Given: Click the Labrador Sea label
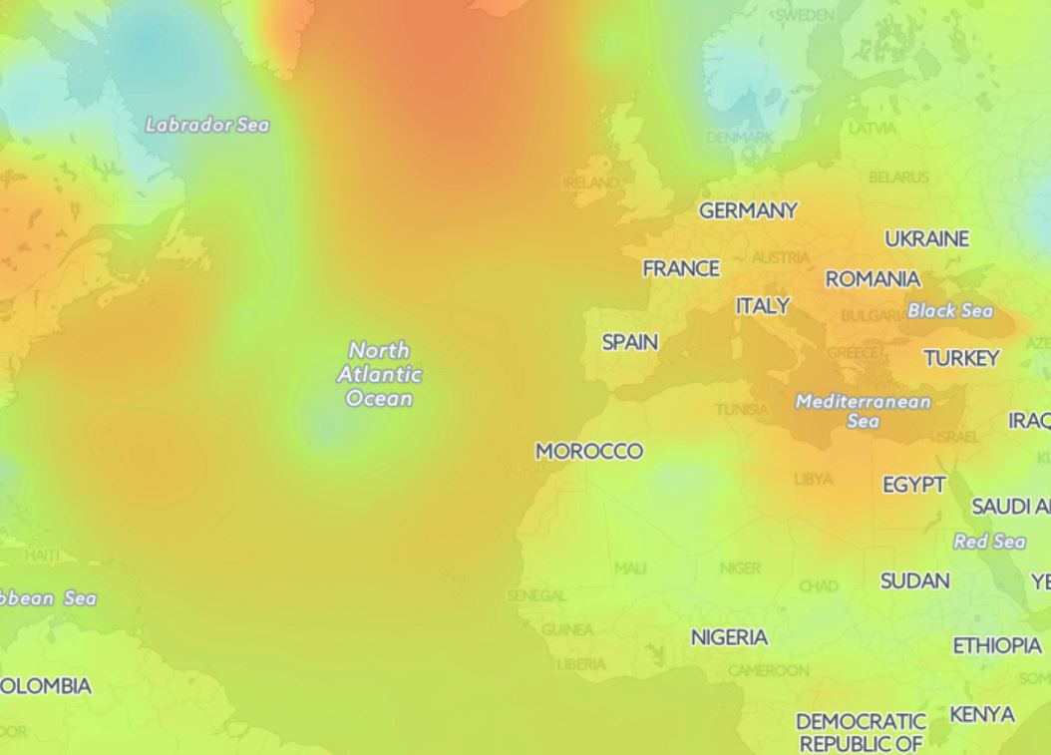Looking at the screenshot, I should click(x=207, y=125).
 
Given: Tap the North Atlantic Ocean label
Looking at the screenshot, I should click(x=379, y=374).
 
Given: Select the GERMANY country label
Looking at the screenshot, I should click(x=748, y=210).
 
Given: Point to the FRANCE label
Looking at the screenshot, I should click(x=681, y=268).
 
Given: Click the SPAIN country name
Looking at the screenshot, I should click(x=630, y=342).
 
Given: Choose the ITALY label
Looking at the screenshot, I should click(x=763, y=306).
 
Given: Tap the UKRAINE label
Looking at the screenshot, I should click(x=926, y=239).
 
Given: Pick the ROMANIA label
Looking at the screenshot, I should click(x=873, y=279).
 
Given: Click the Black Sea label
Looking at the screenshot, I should click(x=950, y=310).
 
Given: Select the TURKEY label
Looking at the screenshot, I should click(x=961, y=358).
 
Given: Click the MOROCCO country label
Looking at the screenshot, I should click(x=589, y=452).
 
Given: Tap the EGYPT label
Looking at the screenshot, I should click(x=914, y=485).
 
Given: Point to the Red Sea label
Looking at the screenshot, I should click(x=989, y=542).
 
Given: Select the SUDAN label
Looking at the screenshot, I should click(x=914, y=580).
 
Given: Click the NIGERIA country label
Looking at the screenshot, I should click(x=729, y=637).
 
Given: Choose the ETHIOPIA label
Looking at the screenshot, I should click(x=997, y=646).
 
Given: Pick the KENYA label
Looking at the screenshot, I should click(x=982, y=715).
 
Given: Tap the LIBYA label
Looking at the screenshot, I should click(x=813, y=480).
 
